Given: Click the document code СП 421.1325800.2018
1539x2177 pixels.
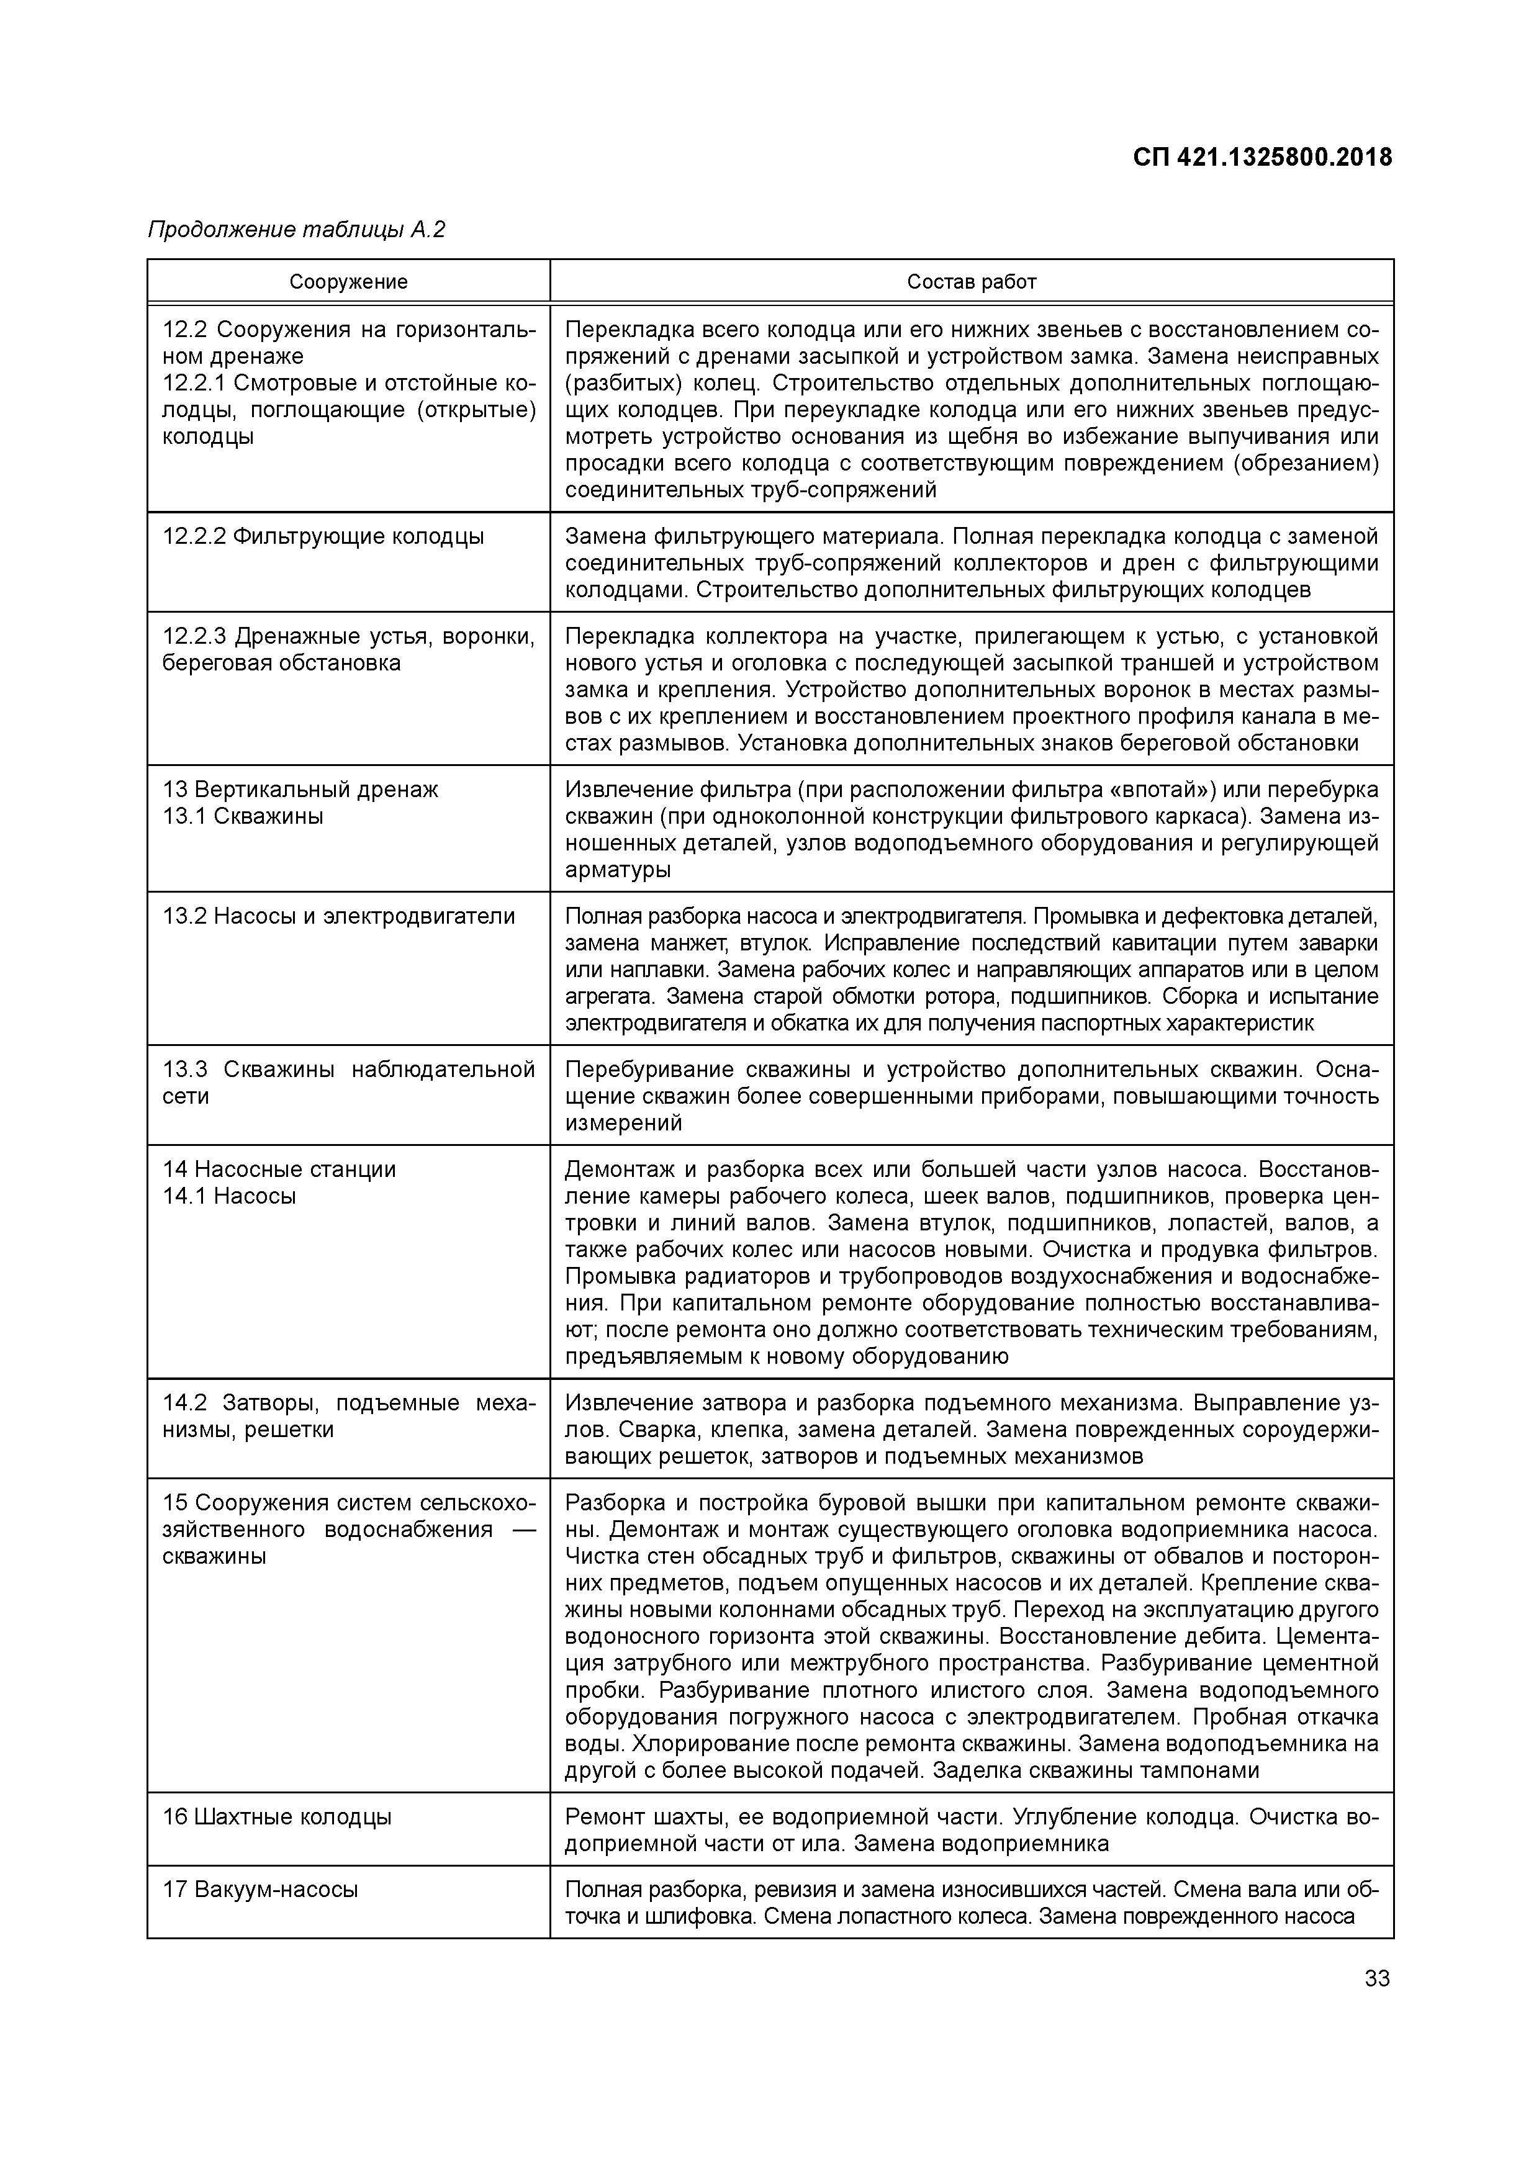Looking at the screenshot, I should (1262, 158).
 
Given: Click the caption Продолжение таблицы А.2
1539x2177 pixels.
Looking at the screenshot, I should (296, 230).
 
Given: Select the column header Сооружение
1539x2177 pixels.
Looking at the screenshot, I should (348, 282).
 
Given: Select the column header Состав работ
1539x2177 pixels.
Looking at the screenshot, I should (971, 282).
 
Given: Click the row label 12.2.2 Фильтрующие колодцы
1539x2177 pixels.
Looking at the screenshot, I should (322, 537).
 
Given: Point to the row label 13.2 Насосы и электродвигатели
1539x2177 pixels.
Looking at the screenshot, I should (338, 916).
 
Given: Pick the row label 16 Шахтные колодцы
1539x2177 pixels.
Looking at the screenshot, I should (277, 1817).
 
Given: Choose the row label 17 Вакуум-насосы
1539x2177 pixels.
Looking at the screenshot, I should (260, 1890).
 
